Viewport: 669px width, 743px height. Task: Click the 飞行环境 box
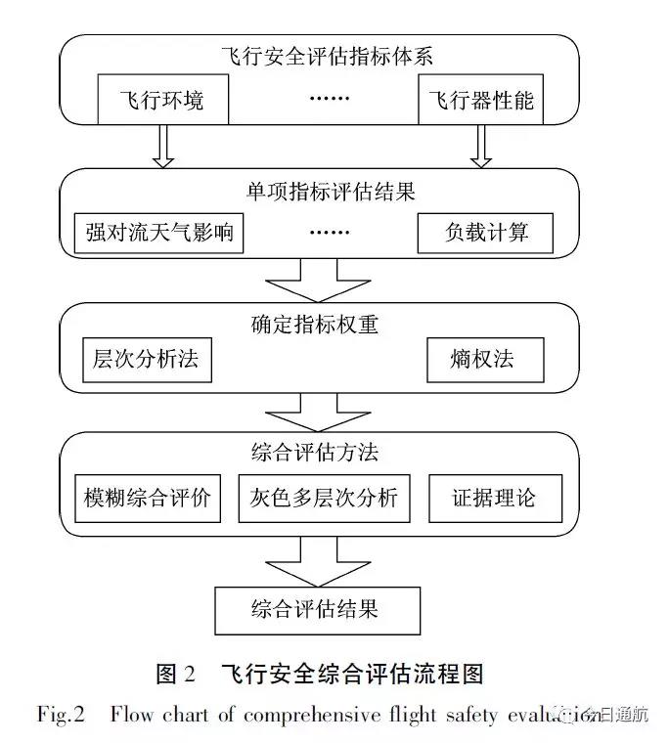coord(160,100)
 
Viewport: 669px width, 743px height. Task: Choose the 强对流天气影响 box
coord(158,233)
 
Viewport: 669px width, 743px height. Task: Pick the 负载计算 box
coord(486,233)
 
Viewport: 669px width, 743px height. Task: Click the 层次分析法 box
coord(146,360)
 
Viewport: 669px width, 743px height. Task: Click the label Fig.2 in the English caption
coord(61,715)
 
